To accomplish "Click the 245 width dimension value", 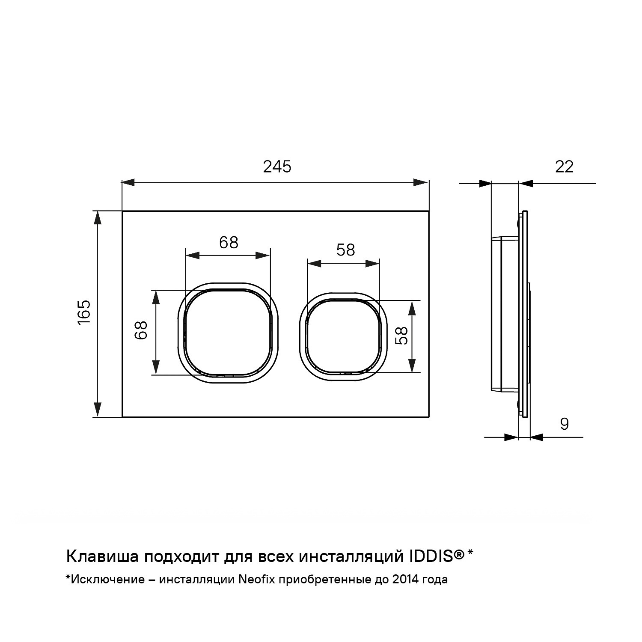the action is [277, 166].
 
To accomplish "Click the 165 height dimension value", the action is [84, 312].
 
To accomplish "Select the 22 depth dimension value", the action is [564, 166].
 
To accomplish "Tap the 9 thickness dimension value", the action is [565, 424].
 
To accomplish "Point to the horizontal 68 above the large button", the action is [229, 243].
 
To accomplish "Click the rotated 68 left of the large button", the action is [141, 330].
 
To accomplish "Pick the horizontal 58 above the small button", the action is [345, 250].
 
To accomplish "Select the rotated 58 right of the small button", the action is [401, 336].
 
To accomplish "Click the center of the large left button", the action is [228, 333].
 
